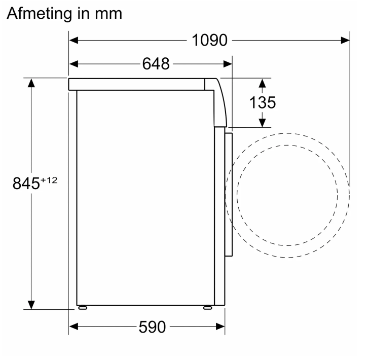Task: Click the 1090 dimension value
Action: click(x=209, y=40)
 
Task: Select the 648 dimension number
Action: click(x=156, y=63)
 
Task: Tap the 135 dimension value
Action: click(x=263, y=102)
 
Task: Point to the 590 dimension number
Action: click(x=152, y=327)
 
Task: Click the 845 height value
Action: click(x=26, y=183)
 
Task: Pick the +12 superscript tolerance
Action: click(x=49, y=181)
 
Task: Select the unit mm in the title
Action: click(x=108, y=14)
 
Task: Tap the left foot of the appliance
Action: click(x=83, y=307)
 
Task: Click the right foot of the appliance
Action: click(x=208, y=307)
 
